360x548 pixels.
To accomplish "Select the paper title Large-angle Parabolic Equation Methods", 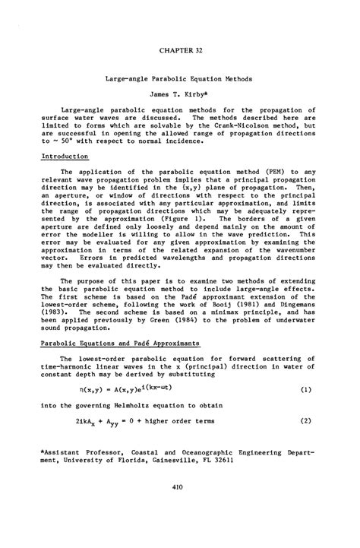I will pos(180,78).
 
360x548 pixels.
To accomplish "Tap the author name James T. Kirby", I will pos(180,97).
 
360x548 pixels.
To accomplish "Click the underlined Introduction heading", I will pos(64,156).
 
